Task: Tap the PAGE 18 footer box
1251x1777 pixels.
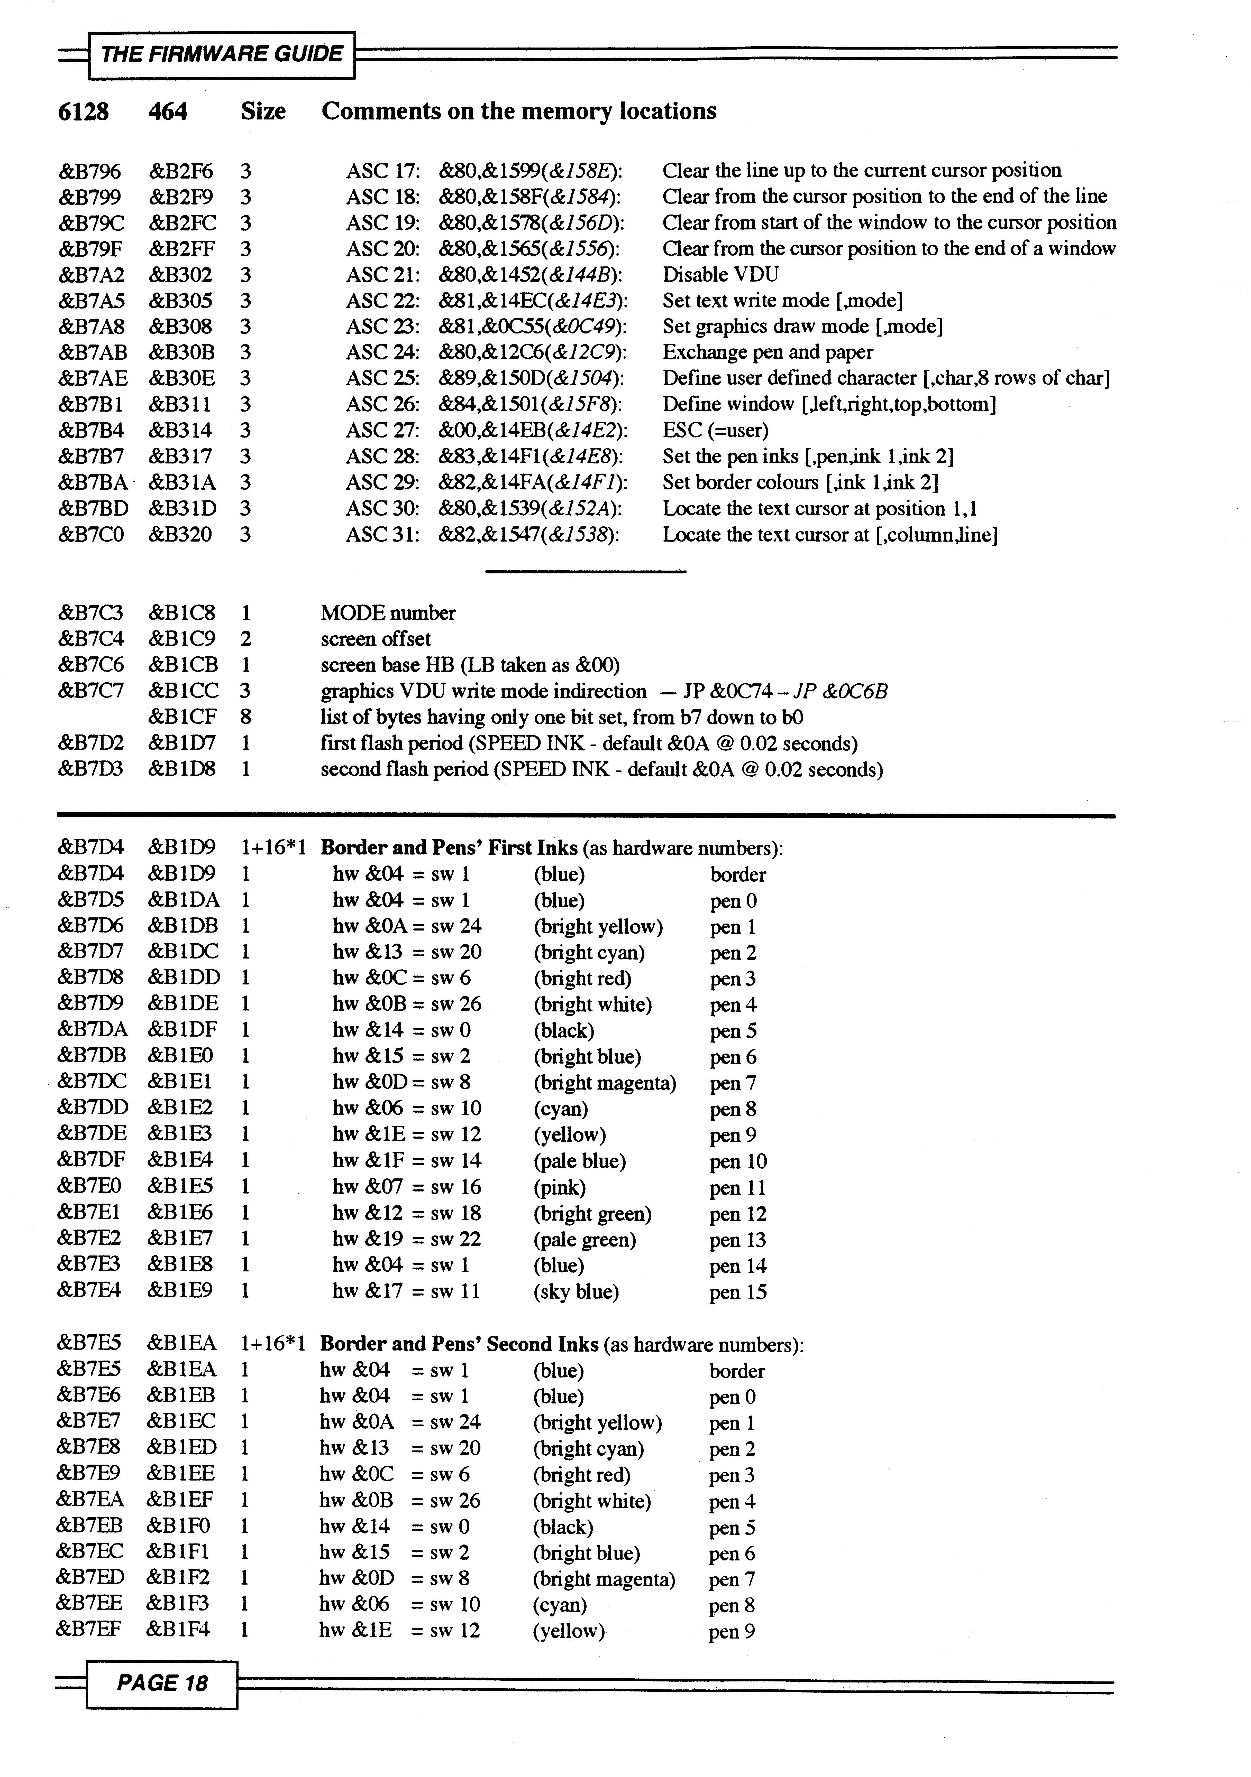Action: [162, 1682]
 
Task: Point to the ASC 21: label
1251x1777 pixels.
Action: [382, 275]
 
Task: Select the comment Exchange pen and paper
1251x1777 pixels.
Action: [767, 353]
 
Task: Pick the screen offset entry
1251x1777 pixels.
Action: [376, 639]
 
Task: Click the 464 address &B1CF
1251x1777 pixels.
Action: [183, 718]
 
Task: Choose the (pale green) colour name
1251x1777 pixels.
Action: [585, 1240]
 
